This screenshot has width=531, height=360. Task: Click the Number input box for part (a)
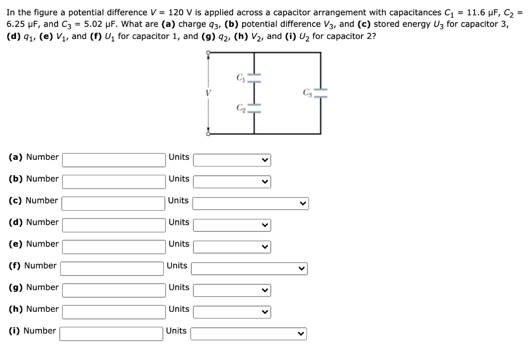tap(114, 160)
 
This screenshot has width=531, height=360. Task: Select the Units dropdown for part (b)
tap(232, 182)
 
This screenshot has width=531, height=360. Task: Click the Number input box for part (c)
tap(113, 203)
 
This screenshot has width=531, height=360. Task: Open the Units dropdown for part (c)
tap(250, 203)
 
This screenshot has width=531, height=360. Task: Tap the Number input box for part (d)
tap(114, 225)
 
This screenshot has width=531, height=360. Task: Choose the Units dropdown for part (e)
tap(232, 247)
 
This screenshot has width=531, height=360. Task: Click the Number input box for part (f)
tap(112, 269)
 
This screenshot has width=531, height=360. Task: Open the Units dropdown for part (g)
tap(232, 290)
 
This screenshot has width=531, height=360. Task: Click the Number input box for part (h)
tap(114, 312)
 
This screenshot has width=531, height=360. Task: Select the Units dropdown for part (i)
tap(248, 334)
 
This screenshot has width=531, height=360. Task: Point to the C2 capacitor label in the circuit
tap(240, 107)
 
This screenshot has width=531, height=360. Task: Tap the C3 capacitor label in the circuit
tap(308, 93)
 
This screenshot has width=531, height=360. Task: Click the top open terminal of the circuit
tap(208, 52)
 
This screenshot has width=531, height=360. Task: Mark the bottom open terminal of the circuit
tap(208, 134)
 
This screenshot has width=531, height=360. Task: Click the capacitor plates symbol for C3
tap(320, 93)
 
